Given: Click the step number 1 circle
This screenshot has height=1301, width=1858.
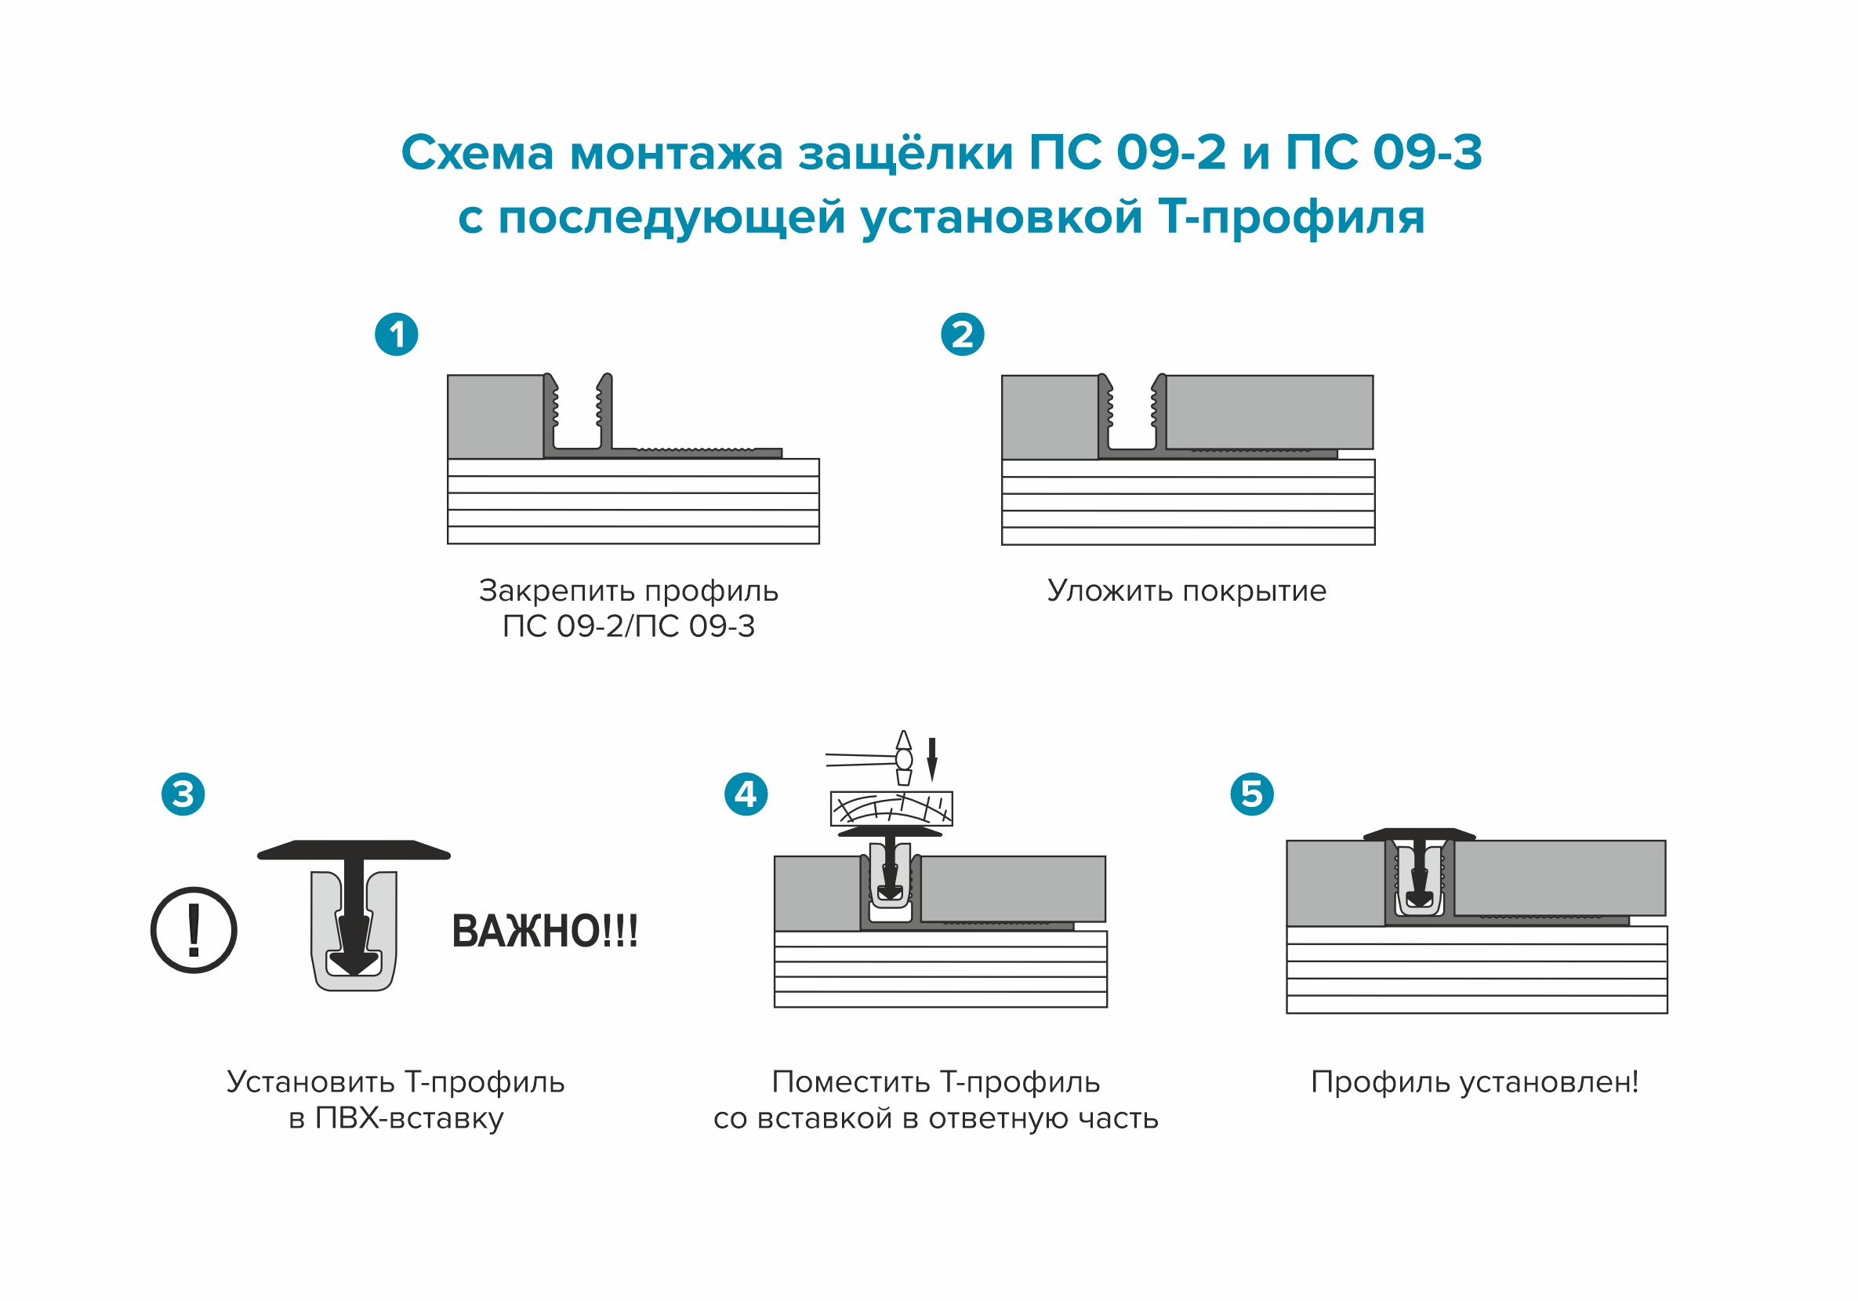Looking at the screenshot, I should [x=396, y=334].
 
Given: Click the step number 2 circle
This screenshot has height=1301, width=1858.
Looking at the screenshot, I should [x=961, y=334].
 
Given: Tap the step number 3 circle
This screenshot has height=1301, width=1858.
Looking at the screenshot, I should [x=183, y=794].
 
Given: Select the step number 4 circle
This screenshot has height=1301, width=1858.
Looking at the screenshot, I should [x=746, y=794].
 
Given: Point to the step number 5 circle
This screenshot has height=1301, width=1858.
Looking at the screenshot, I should [x=1251, y=794].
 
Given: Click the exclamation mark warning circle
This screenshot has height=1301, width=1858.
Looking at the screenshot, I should [x=194, y=929].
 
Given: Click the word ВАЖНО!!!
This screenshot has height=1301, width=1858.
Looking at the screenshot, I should [x=545, y=931].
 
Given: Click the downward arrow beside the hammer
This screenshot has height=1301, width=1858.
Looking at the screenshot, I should [x=931, y=759].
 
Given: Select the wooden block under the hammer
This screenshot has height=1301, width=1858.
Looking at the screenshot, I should [x=891, y=808].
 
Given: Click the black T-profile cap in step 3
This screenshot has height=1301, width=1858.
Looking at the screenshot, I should [x=354, y=849].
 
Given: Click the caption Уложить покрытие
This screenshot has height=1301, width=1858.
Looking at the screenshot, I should [x=1186, y=591].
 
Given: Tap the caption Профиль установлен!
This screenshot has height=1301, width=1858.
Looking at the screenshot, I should [x=1475, y=1081].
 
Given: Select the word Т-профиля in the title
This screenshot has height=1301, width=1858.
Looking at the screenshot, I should [x=1291, y=217].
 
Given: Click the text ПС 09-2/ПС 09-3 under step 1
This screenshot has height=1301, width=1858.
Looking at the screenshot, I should [x=628, y=627].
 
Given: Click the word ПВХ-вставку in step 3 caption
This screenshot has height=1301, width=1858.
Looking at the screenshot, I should [x=408, y=1118].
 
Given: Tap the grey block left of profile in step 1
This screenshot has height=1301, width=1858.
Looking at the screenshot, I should [x=495, y=416].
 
